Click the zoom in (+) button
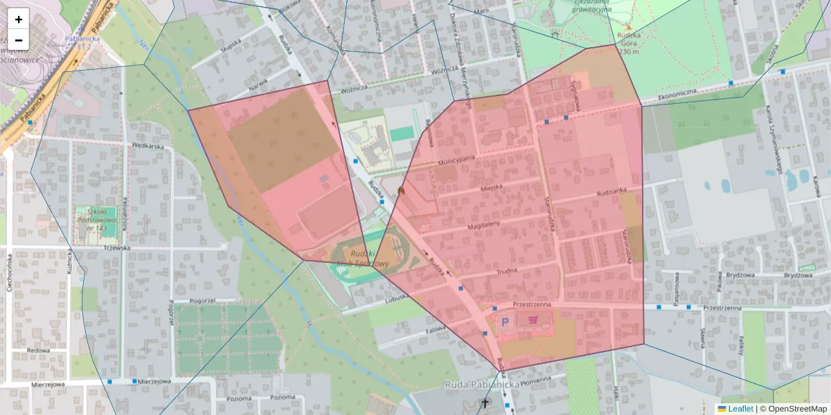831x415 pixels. coord(19,19)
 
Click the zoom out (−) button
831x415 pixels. coord(19,40)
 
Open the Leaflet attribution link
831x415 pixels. coord(740,409)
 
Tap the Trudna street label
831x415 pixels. coord(507,273)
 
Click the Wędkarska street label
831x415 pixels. coord(147,146)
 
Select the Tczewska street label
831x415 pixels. coord(116,248)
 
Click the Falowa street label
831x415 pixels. coord(436,330)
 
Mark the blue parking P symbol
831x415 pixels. coord(505,322)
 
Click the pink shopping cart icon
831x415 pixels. coord(533,320)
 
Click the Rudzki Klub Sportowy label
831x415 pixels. coord(362,259)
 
